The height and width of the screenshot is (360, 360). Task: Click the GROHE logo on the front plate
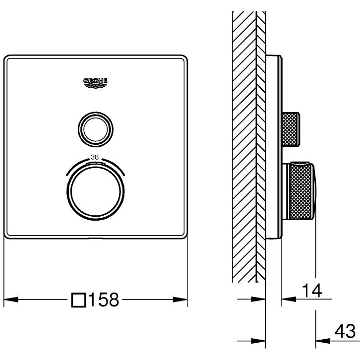point(95,83)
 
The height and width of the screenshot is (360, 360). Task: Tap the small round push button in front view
point(96,129)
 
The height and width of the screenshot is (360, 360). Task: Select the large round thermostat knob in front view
point(96,191)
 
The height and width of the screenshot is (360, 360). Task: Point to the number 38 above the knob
point(95,157)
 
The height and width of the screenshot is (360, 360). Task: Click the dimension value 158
point(104,300)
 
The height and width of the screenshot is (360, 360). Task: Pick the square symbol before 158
point(78,300)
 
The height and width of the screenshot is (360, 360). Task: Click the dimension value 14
point(312,291)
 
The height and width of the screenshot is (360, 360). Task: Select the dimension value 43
point(345,332)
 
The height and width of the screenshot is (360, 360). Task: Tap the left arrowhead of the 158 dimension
point(11,300)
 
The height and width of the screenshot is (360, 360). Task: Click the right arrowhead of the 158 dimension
point(180,300)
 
